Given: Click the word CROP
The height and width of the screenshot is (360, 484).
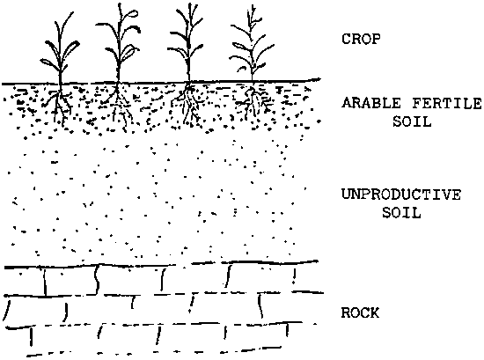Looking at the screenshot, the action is click(x=361, y=40).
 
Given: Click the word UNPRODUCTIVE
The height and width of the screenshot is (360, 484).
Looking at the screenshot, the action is click(x=401, y=195).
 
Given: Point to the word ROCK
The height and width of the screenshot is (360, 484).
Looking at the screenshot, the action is click(x=360, y=312).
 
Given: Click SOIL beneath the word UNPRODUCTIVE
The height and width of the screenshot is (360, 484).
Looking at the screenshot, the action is click(x=401, y=212).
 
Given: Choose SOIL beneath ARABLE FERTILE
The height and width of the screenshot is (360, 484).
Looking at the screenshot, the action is click(x=412, y=121).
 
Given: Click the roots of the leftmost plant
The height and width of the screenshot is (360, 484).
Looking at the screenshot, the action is click(x=60, y=104).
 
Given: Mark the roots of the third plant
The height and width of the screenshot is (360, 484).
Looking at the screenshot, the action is click(x=188, y=104).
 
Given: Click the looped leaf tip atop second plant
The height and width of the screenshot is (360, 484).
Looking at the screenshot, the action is click(x=133, y=13).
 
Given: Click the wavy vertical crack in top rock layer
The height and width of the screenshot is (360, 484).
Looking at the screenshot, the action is click(x=97, y=279).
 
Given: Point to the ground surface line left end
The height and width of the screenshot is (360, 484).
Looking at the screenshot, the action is click(x=3, y=84).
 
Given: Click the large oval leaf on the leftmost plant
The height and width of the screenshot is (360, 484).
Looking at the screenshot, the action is click(x=73, y=48).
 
